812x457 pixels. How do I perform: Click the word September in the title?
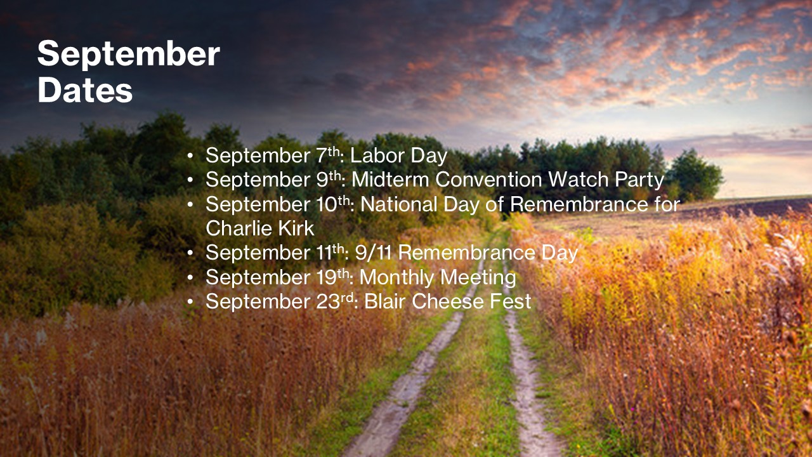[x=129, y=55]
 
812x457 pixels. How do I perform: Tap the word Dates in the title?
[x=85, y=90]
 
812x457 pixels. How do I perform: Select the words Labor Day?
[x=399, y=156]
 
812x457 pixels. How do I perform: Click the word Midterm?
[x=390, y=180]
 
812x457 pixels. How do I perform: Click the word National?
[x=399, y=204]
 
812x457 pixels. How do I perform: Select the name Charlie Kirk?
[x=260, y=228]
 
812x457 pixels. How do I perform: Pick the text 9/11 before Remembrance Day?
[x=374, y=253]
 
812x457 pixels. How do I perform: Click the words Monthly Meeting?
[x=438, y=278]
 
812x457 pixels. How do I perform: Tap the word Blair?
[x=384, y=301]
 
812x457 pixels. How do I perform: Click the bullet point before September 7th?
[x=190, y=156]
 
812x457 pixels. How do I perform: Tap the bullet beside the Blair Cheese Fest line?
[x=190, y=302]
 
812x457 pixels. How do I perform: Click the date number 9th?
[x=329, y=180]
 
